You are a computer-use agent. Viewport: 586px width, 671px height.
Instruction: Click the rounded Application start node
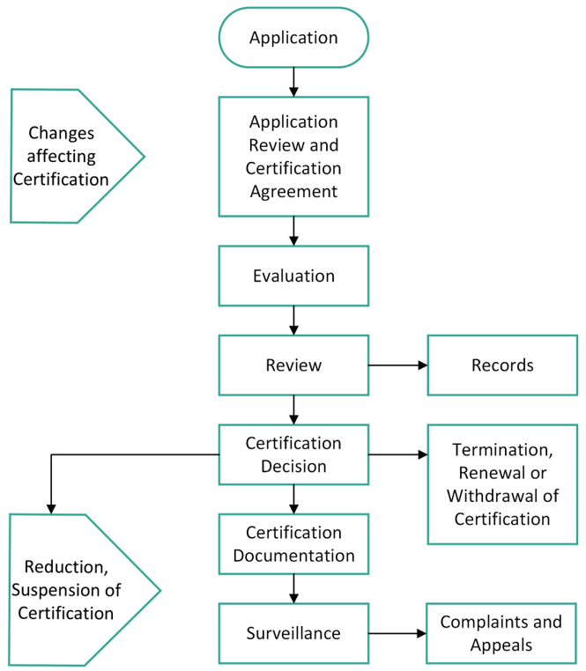click(293, 38)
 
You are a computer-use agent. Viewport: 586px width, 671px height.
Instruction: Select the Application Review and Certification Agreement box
click(293, 157)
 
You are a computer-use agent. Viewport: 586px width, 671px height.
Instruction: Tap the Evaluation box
click(293, 276)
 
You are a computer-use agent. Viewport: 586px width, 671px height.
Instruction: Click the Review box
click(293, 365)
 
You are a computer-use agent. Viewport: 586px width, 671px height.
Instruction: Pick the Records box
click(502, 365)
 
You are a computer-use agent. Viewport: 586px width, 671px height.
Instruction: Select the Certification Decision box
click(293, 454)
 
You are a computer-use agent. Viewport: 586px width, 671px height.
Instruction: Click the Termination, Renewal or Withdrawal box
click(502, 484)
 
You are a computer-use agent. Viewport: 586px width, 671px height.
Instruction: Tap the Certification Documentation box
click(293, 544)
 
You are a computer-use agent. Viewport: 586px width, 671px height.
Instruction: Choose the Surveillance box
click(293, 633)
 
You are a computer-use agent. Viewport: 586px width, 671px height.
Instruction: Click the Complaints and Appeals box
click(501, 633)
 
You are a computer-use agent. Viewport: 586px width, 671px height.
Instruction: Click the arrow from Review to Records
click(397, 365)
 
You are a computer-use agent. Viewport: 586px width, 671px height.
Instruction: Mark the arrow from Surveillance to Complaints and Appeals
click(397, 633)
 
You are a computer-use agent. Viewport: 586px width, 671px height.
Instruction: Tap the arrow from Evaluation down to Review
click(293, 321)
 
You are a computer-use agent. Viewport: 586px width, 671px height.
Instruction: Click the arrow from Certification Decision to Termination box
click(397, 454)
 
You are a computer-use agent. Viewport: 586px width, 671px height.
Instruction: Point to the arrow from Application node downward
click(293, 82)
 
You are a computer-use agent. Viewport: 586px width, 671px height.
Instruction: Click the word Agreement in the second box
click(293, 192)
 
